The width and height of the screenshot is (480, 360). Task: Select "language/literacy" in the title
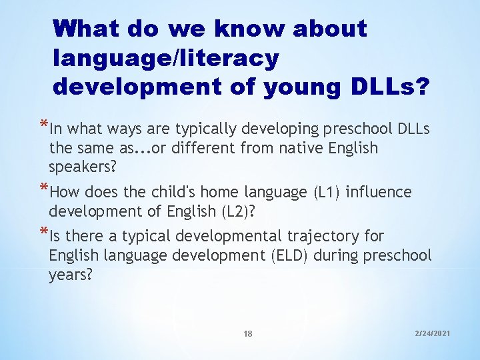[166, 58]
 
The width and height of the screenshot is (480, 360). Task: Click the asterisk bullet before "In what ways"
[43, 125]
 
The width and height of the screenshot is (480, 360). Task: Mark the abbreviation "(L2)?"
[247, 211]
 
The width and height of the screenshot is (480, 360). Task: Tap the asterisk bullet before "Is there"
[43, 232]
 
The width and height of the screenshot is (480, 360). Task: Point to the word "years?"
[70, 274]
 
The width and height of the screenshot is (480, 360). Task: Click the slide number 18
[248, 334]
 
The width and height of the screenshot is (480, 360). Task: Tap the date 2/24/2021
[433, 331]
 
